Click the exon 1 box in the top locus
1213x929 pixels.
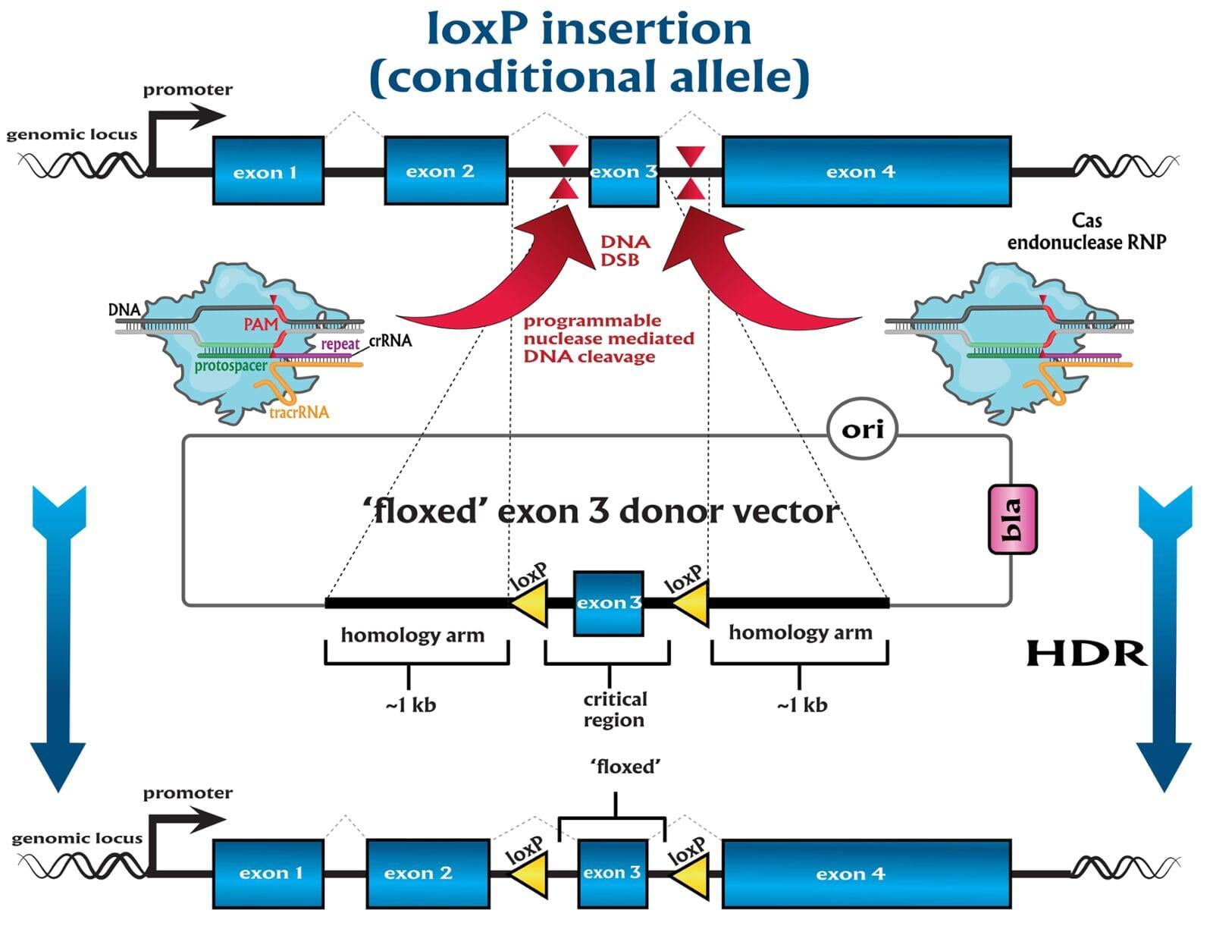pyautogui.click(x=268, y=171)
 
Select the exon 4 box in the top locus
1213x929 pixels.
pyautogui.click(x=866, y=171)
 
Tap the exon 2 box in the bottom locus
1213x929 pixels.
pyautogui.click(x=428, y=873)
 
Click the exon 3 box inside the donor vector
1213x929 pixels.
pyautogui.click(x=608, y=603)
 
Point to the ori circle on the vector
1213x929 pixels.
pyautogui.click(x=863, y=430)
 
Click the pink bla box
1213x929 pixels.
pyautogui.click(x=1012, y=519)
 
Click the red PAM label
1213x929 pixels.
pyautogui.click(x=261, y=325)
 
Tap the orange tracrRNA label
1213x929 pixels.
pyautogui.click(x=299, y=413)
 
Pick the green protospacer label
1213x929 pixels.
pyautogui.click(x=230, y=366)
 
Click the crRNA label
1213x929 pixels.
pyautogui.click(x=390, y=341)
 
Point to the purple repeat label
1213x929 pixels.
pyautogui.click(x=340, y=344)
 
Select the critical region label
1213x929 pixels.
pyautogui.click(x=614, y=709)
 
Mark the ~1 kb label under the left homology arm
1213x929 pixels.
pyautogui.click(x=410, y=705)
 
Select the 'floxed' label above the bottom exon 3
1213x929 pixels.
pyautogui.click(x=625, y=767)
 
